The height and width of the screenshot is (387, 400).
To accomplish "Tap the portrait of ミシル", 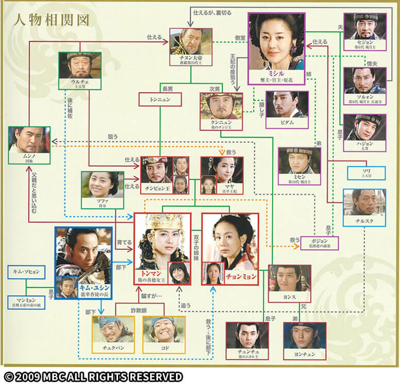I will click(276, 41).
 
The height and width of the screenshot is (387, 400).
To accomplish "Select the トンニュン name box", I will click(159, 99).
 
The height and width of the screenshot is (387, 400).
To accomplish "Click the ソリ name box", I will click(365, 173).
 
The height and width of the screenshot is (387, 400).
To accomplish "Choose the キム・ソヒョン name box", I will click(26, 271).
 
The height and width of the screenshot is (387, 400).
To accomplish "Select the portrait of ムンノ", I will click(29, 140).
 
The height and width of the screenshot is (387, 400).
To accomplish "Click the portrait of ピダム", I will click(287, 104).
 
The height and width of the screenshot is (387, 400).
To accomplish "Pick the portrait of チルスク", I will click(364, 205).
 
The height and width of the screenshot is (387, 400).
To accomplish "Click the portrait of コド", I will click(163, 331).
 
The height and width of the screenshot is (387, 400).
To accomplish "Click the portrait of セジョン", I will click(364, 28).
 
